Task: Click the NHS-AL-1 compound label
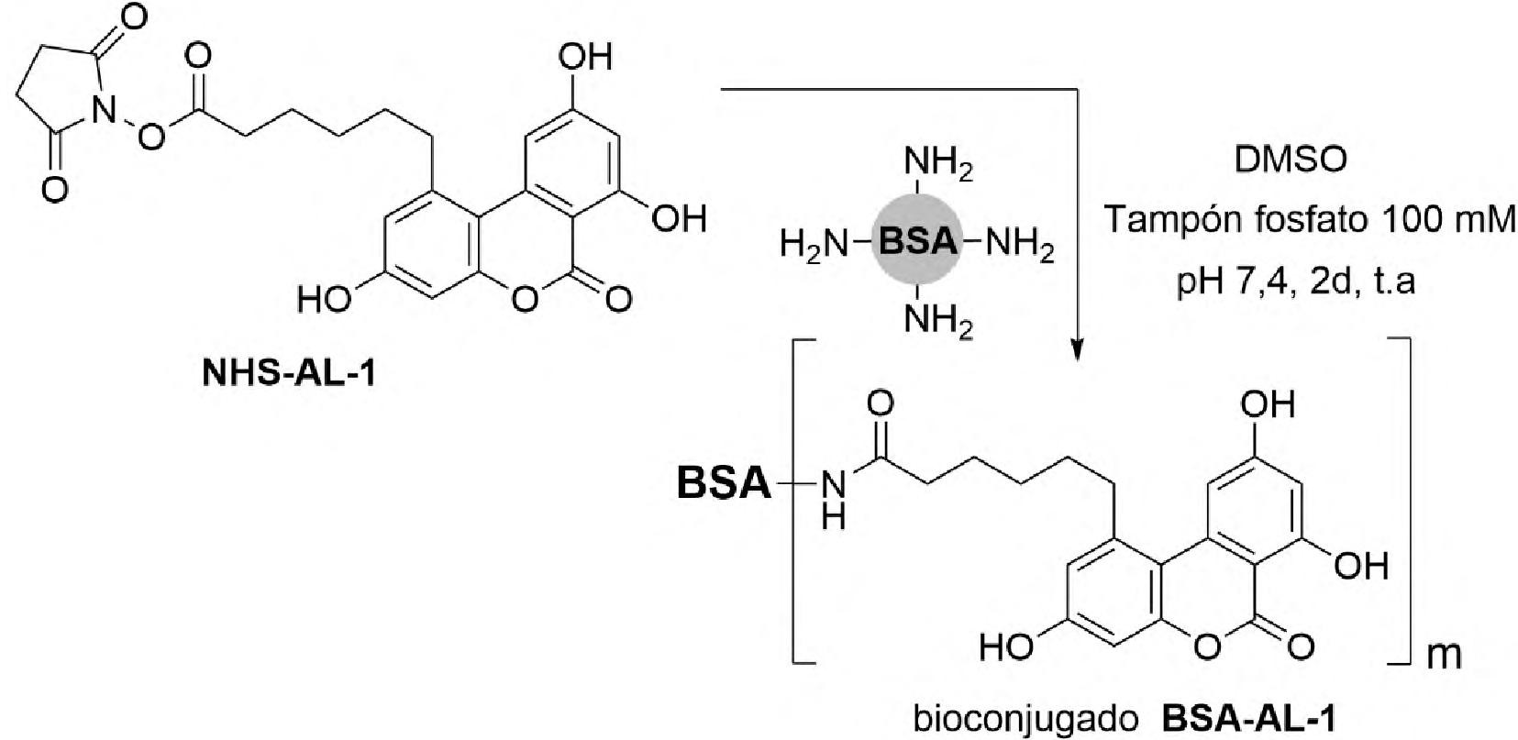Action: click(x=288, y=376)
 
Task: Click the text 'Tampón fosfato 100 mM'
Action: click(x=1310, y=221)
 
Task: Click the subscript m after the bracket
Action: click(x=1444, y=657)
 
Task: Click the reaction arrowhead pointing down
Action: click(x=1079, y=349)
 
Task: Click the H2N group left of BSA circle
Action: click(x=812, y=244)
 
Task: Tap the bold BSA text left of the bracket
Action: click(x=724, y=483)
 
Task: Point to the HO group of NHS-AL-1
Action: click(x=323, y=299)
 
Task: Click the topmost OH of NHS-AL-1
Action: click(x=584, y=58)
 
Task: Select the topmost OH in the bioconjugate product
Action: click(x=1267, y=403)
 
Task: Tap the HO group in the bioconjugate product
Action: click(x=1005, y=647)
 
